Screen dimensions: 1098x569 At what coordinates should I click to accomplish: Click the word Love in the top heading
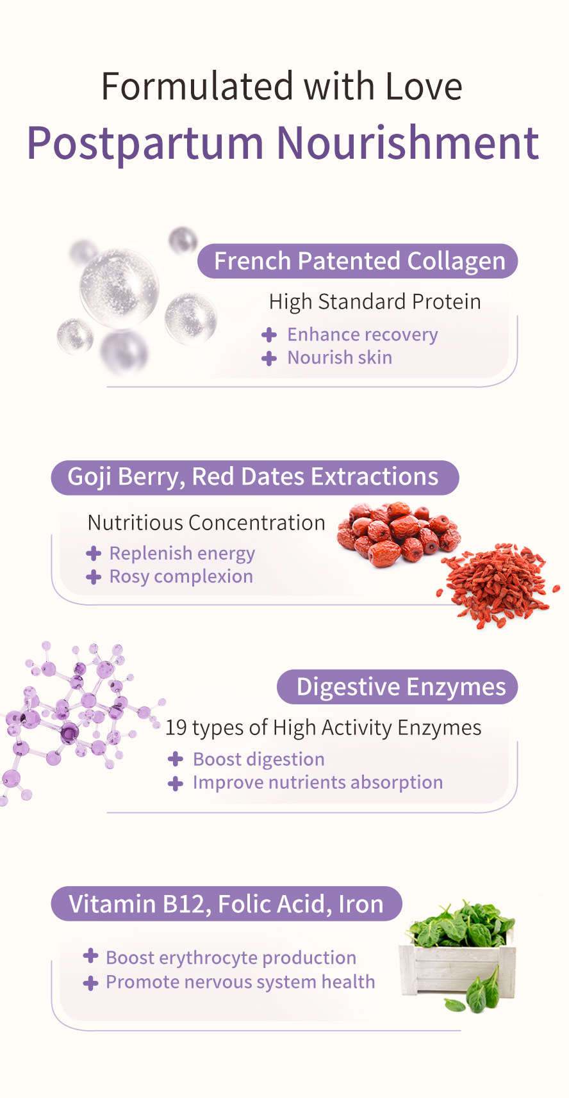tap(424, 87)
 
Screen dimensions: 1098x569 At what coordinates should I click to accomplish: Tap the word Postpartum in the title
tap(145, 143)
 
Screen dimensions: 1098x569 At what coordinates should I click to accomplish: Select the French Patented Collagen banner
tap(358, 261)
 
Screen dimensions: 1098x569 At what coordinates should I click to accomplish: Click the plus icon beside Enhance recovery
tap(269, 335)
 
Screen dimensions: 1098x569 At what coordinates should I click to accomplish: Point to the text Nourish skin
tap(340, 357)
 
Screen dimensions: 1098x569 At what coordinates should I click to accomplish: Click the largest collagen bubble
tap(119, 288)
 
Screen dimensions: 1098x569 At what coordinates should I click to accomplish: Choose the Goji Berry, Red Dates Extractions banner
tap(254, 477)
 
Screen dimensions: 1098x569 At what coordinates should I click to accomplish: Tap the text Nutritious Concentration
tap(206, 522)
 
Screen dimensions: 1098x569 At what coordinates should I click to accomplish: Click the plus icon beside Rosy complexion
tap(94, 577)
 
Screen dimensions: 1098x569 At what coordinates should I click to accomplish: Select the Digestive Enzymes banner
tap(397, 687)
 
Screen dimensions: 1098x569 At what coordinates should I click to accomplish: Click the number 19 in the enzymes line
tap(176, 728)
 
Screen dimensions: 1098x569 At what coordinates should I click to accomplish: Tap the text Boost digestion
tap(259, 759)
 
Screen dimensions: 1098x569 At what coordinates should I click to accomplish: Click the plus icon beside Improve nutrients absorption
tap(176, 783)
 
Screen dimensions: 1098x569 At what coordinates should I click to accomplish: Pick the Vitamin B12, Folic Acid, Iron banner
tap(226, 904)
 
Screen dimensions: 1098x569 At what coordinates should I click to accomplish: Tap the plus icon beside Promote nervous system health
tap(91, 983)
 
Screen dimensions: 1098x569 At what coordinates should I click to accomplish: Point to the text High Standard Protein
tap(375, 302)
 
